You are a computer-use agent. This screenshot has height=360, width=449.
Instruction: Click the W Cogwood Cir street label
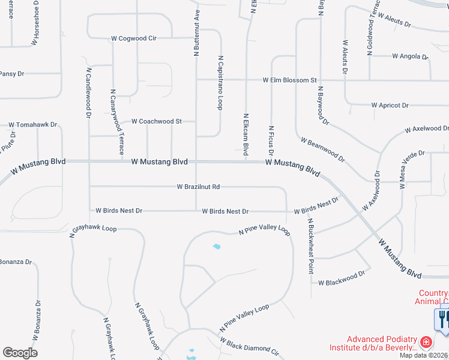tap(133, 38)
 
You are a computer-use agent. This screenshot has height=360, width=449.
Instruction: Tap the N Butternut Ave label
tap(196, 33)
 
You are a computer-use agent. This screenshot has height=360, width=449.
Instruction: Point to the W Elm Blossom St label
tap(289, 80)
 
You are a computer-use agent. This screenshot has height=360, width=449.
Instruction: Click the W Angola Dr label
tap(410, 56)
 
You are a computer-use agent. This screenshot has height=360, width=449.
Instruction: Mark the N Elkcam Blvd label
tap(246, 133)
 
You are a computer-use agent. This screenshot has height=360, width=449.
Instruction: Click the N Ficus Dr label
tap(271, 139)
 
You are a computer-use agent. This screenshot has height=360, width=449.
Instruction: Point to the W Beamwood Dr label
tap(323, 151)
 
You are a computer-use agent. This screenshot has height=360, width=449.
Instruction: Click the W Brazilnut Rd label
tap(198, 187)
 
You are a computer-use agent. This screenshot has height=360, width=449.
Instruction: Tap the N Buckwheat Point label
tap(311, 245)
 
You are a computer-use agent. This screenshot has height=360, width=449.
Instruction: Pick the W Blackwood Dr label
tap(341, 278)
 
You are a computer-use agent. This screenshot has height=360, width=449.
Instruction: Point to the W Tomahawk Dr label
tap(32, 125)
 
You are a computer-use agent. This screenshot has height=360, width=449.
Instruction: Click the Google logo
tap(20, 353)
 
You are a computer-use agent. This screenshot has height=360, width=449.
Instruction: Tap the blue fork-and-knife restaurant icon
tap(444, 319)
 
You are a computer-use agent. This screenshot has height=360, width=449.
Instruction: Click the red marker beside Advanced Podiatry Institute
tap(426, 343)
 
